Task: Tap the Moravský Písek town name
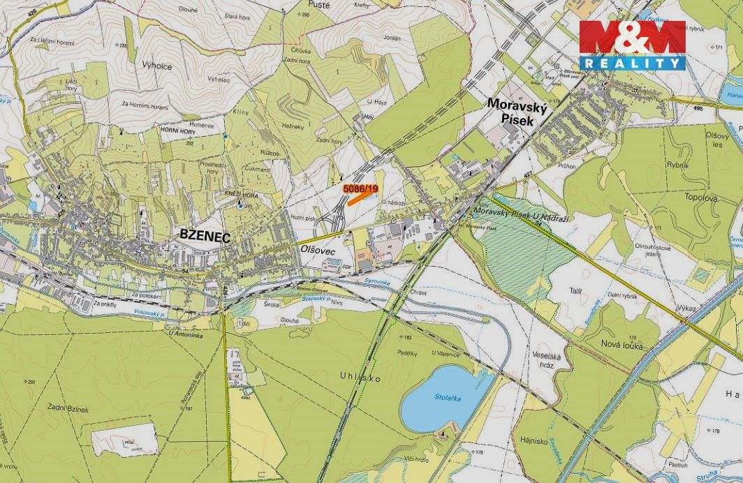pyautogui.click(x=510, y=112)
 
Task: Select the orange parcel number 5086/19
pyautogui.click(x=360, y=188)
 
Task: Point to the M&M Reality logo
pyautogui.click(x=632, y=45)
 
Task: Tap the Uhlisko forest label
pyautogui.click(x=360, y=377)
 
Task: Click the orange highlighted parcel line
pyautogui.click(x=358, y=198)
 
